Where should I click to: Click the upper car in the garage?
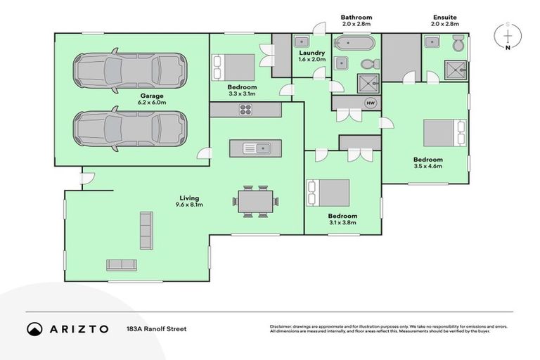[131, 71]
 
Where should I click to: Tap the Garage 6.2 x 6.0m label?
[151, 99]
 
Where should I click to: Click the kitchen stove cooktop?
[246, 109]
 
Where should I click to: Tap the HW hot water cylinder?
[370, 103]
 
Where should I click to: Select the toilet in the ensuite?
[458, 45]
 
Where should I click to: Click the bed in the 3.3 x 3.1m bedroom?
[235, 67]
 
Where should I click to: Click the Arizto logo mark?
[35, 328]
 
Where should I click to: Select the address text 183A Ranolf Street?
[156, 328]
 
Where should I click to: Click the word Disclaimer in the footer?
[283, 326]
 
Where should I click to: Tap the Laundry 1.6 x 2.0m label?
[311, 56]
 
